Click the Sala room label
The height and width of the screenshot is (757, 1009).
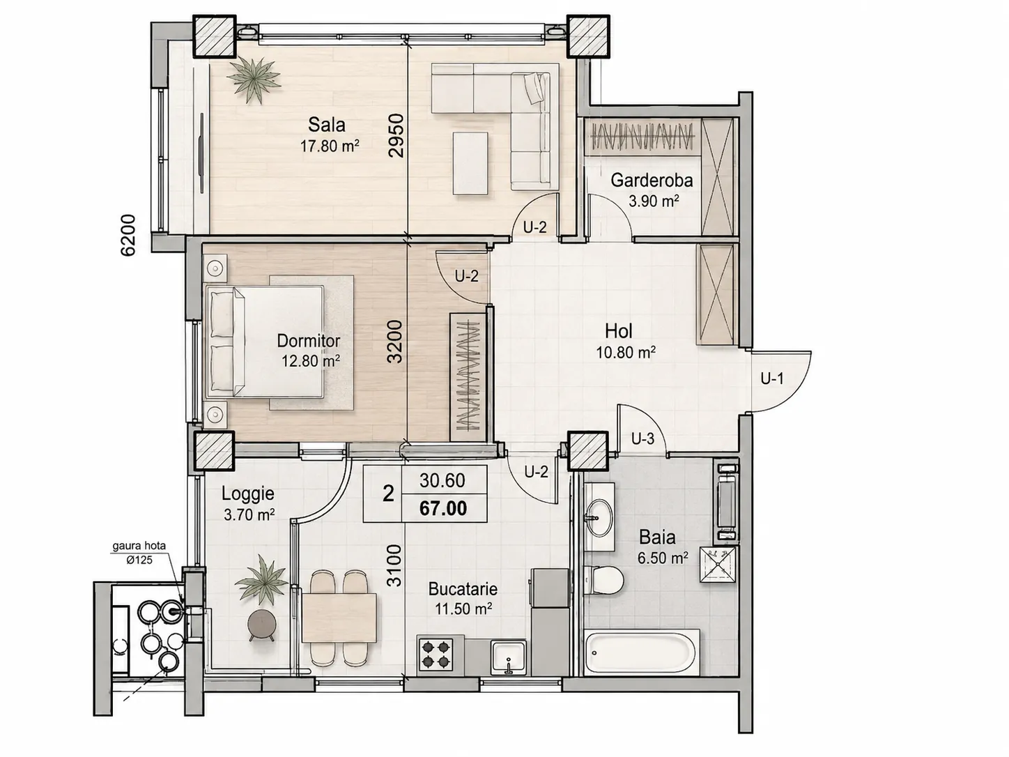click(x=326, y=124)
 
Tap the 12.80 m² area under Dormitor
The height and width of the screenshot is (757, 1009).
click(x=311, y=361)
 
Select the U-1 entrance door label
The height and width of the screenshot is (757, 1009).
click(x=772, y=378)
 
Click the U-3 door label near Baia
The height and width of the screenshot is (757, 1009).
click(x=642, y=439)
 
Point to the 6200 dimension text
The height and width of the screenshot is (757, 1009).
click(x=128, y=235)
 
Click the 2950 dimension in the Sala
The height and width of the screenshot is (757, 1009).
click(x=396, y=136)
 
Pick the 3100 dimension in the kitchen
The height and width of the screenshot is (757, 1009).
click(x=394, y=565)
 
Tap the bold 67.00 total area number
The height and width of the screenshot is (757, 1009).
click(x=443, y=508)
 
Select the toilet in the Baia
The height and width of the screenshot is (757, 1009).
click(x=604, y=581)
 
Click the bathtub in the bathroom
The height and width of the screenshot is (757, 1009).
click(x=642, y=652)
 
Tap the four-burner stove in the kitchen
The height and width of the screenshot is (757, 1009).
click(x=436, y=655)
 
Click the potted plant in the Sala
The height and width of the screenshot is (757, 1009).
click(x=254, y=79)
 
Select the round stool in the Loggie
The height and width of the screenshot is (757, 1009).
click(x=261, y=624)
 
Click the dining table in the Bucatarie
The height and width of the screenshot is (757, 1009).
click(x=339, y=618)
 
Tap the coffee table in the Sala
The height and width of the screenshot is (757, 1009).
click(x=470, y=163)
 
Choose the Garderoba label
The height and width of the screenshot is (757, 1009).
click(x=652, y=180)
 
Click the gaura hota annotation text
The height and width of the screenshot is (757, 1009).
click(x=139, y=546)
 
